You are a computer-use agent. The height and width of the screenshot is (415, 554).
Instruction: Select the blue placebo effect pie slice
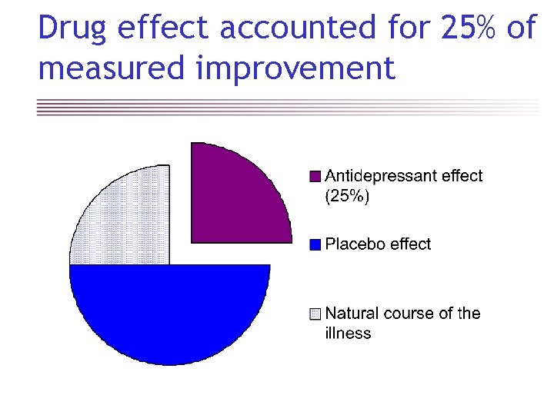click(x=169, y=311)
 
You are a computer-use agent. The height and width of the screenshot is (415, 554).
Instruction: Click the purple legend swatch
click(x=314, y=176)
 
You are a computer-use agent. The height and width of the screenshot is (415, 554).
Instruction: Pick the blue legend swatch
click(x=314, y=244)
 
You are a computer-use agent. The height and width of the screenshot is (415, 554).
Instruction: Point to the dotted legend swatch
click(x=314, y=314)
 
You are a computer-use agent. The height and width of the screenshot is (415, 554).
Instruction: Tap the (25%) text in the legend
click(x=347, y=196)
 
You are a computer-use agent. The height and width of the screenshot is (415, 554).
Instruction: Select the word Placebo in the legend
click(x=355, y=244)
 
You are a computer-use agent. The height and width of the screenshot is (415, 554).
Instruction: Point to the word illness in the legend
click(x=348, y=334)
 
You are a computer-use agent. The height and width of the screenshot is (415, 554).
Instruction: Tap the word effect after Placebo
click(x=411, y=244)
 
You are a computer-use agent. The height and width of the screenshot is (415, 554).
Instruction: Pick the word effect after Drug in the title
click(x=160, y=28)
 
